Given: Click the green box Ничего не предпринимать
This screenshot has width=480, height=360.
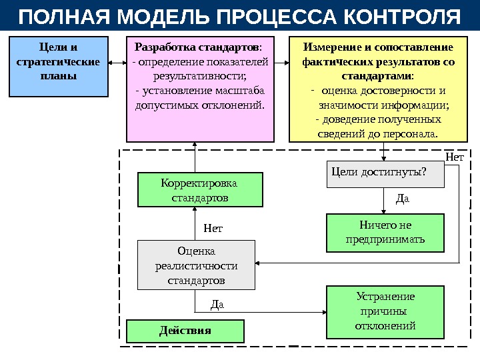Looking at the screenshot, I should pyautogui.click(x=385, y=232).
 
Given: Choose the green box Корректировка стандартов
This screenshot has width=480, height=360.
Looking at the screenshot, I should pyautogui.click(x=199, y=190).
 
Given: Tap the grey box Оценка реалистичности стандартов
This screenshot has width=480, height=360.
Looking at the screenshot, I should pyautogui.click(x=196, y=265).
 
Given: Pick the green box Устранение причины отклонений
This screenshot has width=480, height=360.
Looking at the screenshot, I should pyautogui.click(x=385, y=311).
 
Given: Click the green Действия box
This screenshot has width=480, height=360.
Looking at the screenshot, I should pyautogui.click(x=185, y=331).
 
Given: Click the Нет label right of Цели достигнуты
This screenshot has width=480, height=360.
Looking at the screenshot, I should pyautogui.click(x=454, y=157).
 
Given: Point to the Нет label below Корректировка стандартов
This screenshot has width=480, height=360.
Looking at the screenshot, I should pyautogui.click(x=213, y=229).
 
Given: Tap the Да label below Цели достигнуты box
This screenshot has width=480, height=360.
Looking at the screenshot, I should pyautogui.click(x=402, y=198).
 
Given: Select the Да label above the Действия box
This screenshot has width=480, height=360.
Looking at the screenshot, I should pyautogui.click(x=217, y=305).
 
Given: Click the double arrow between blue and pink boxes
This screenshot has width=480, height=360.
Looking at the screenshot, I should pyautogui.click(x=117, y=64).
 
